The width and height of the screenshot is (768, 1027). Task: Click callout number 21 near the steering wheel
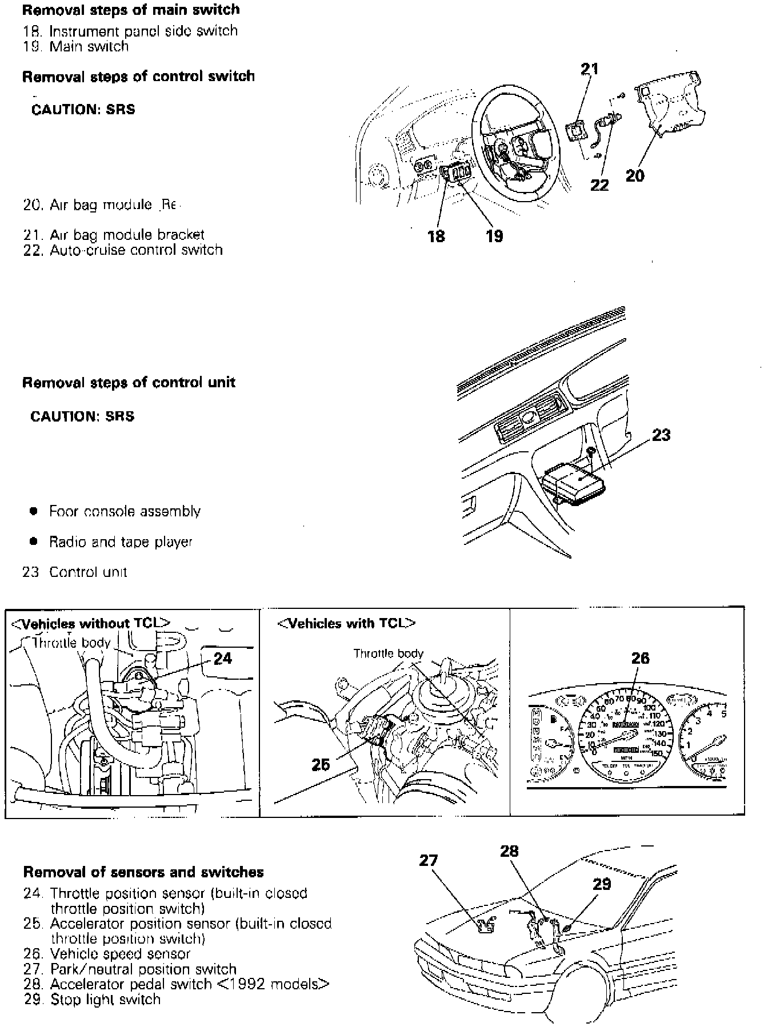click(589, 69)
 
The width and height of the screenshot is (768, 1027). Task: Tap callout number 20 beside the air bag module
click(635, 175)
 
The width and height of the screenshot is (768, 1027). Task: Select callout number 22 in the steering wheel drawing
click(599, 184)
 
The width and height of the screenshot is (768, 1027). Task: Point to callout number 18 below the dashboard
click(437, 235)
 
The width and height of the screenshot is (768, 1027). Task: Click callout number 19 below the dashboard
click(494, 235)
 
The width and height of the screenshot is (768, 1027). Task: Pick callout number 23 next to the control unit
click(661, 435)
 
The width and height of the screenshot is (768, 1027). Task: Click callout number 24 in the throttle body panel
click(222, 659)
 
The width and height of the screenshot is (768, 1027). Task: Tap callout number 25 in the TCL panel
click(321, 764)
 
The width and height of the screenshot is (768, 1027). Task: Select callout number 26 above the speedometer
click(640, 658)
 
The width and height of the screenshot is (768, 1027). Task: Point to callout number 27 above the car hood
click(429, 860)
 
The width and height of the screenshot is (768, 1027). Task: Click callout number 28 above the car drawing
click(509, 851)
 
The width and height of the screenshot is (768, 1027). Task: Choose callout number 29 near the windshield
click(601, 884)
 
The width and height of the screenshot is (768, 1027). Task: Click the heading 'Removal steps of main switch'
click(131, 10)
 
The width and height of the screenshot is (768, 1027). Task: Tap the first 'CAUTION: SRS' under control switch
click(83, 110)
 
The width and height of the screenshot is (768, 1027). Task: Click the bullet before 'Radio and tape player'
click(34, 540)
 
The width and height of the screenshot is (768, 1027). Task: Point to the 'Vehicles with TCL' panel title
click(346, 623)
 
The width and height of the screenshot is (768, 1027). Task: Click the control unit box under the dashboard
click(575, 483)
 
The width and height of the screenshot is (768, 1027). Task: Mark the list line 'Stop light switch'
click(105, 999)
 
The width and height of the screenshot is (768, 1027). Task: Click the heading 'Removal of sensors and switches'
click(143, 872)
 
